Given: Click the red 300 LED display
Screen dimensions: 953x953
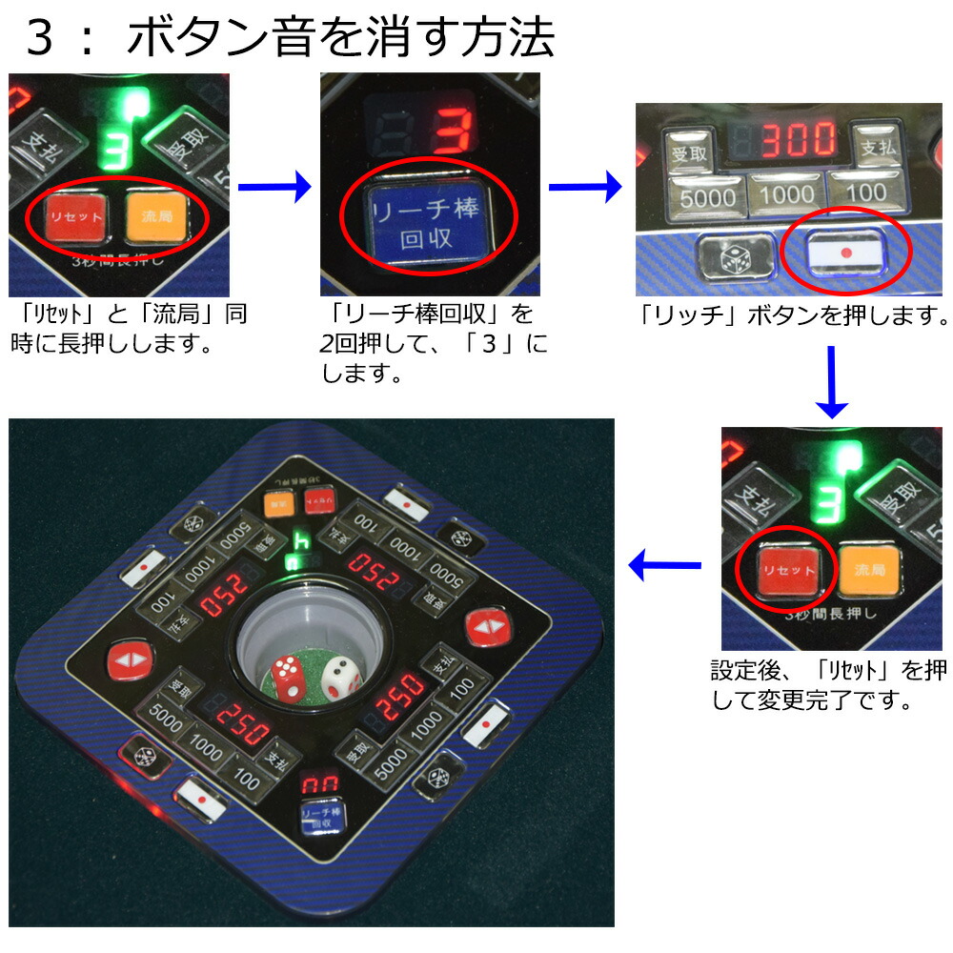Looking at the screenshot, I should (797, 141).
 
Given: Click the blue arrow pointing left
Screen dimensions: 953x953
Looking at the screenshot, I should (664, 568).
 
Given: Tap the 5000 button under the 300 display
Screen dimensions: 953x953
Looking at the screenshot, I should (707, 196).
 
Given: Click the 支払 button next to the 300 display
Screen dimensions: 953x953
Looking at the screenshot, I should (873, 149).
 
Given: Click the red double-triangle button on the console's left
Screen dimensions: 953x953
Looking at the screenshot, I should (126, 659).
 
